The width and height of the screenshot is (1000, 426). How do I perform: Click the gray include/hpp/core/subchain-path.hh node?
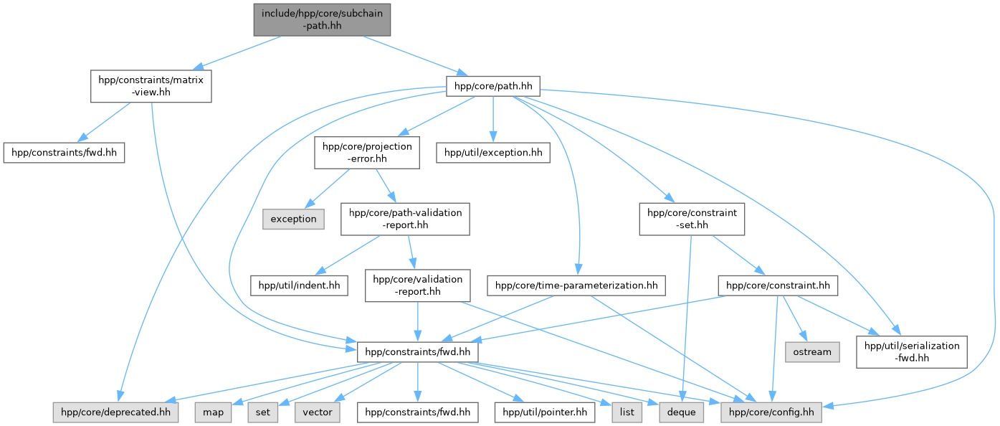(x=322, y=20)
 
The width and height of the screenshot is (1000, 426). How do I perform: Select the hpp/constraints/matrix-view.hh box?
(x=151, y=86)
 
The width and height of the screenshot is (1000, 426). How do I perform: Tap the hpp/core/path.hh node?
(x=492, y=86)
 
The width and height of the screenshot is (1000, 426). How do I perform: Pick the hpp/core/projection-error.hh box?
(x=367, y=153)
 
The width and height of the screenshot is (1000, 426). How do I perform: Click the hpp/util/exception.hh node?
(x=492, y=153)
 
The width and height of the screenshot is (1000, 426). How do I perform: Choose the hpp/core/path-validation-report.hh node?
(x=405, y=219)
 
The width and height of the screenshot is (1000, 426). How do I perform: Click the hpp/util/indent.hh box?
(x=298, y=285)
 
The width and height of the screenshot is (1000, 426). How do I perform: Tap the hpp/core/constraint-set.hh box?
(x=692, y=219)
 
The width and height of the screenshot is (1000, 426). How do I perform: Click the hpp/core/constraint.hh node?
(x=778, y=285)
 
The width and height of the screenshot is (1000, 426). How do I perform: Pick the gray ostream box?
(x=812, y=351)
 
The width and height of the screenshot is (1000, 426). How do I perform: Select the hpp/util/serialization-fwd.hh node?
(x=911, y=351)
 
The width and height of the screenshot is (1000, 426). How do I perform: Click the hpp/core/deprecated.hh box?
(x=115, y=412)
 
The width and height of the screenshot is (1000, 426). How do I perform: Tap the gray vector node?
(x=318, y=412)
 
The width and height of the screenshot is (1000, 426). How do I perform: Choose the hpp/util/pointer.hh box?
(x=545, y=412)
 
